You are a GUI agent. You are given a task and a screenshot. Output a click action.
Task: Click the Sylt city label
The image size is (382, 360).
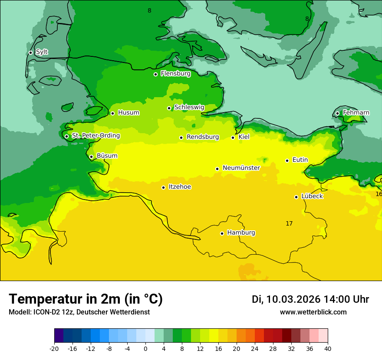(x=42, y=52)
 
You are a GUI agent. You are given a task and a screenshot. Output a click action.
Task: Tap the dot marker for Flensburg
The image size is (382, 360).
(x=155, y=74)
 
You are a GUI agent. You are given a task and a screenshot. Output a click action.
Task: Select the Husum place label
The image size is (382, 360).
(x=128, y=113)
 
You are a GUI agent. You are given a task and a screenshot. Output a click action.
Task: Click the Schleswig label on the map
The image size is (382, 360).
(x=189, y=107)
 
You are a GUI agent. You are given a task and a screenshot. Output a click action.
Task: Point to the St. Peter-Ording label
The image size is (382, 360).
(x=95, y=136)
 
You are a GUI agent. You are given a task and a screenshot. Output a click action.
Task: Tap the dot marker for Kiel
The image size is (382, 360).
(x=233, y=137)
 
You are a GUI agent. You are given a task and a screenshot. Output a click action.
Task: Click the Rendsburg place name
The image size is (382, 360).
(x=202, y=137)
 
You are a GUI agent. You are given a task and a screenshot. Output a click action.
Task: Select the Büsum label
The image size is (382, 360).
(x=107, y=156)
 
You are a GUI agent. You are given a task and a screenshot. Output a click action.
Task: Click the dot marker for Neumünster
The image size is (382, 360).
(x=217, y=169)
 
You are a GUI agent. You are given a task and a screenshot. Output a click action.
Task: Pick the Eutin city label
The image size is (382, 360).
(x=300, y=160)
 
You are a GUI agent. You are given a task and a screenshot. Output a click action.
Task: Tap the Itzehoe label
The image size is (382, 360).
(x=180, y=187)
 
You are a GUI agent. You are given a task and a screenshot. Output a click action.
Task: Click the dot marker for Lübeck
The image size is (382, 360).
(x=296, y=197)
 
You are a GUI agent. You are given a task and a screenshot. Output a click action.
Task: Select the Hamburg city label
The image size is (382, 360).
(x=241, y=232)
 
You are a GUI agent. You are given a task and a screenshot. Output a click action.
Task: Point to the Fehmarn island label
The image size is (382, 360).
(x=356, y=113)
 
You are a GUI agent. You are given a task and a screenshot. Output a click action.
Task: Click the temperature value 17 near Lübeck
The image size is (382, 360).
(x=289, y=223)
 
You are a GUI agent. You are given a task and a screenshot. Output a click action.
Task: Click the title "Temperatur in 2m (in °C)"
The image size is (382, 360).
(x=86, y=299)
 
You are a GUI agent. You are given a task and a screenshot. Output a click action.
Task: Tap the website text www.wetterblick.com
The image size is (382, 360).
(x=313, y=312)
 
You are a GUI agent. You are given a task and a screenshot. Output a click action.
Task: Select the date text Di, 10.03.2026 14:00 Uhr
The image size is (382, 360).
(x=310, y=299)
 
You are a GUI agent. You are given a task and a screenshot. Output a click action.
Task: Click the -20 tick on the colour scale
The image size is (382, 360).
(x=54, y=349)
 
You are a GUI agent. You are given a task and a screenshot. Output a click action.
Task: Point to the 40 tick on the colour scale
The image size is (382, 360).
(x=328, y=349)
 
